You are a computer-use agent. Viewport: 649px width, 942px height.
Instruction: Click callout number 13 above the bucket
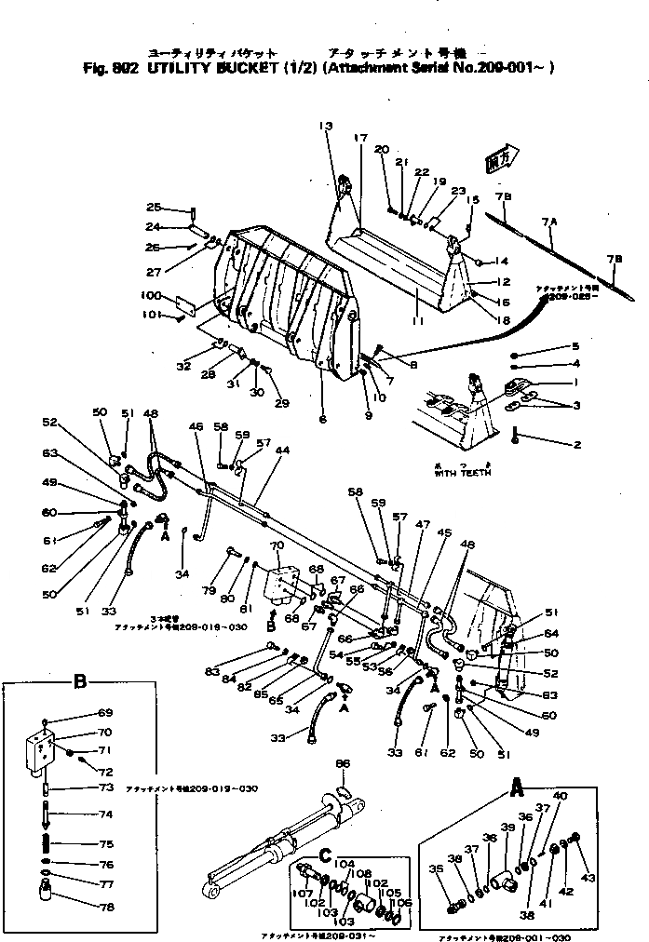click(324, 127)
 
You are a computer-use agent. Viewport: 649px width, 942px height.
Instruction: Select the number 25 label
click(154, 207)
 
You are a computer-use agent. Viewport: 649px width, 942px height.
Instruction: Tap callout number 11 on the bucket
click(417, 321)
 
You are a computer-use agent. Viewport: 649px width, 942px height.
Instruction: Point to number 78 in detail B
click(106, 907)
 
